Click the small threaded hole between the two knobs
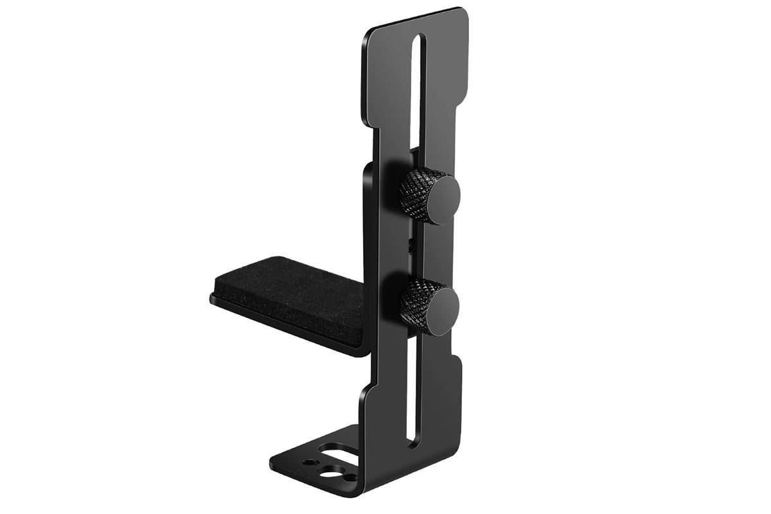pos(410,243)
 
